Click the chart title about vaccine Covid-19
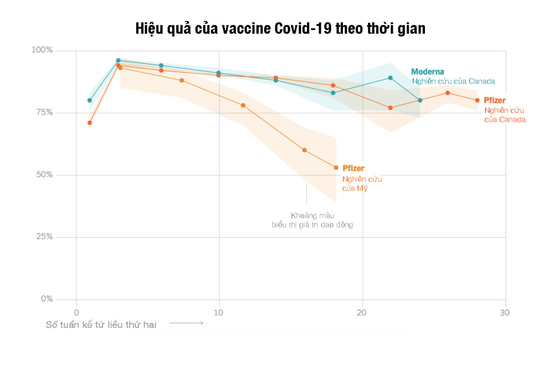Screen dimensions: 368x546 coord(280,28)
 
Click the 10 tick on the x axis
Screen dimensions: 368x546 coord(219,312)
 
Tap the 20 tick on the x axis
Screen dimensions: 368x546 coord(362,312)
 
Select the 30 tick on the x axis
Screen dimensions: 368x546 coord(505,312)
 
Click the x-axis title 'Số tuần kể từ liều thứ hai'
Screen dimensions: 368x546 coord(101,324)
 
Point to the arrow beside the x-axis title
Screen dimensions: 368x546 coord(187,323)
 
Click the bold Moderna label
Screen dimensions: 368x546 coord(428,72)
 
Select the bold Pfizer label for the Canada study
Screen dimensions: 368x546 coord(495,100)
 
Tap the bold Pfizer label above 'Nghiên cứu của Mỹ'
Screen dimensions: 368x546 coord(353,169)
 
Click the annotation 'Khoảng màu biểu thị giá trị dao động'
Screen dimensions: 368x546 coord(312,220)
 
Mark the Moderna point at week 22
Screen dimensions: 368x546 coord(391,78)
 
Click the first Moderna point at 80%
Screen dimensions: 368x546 coord(89,100)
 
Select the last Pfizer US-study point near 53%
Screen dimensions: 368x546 coord(336,168)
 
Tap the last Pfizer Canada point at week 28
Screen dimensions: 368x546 coord(477,100)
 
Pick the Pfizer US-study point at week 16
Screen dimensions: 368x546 coord(304,150)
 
